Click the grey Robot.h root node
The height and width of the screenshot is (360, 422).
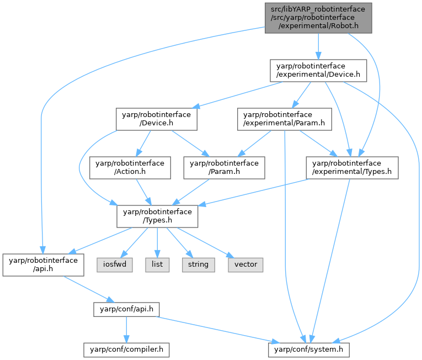click(318, 18)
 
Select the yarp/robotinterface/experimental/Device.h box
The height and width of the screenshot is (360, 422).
click(318, 70)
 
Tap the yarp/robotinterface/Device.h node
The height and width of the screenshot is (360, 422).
click(157, 119)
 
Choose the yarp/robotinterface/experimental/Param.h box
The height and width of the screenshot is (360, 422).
click(285, 119)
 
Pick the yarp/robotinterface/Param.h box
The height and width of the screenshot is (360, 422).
click(224, 167)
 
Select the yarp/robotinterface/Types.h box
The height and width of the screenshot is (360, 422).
click(157, 216)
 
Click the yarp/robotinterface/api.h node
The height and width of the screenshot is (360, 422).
click(43, 264)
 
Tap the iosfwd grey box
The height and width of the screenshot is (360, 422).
click(114, 264)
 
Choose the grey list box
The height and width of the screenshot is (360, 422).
click(157, 264)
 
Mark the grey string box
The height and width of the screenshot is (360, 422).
click(198, 264)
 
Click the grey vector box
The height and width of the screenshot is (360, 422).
click(245, 264)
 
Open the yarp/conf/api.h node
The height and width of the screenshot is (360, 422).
click(127, 309)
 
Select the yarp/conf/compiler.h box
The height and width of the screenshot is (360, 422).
click(127, 349)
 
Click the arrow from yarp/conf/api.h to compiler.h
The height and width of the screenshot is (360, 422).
click(127, 329)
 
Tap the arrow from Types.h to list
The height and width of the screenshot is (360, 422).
click(157, 242)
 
